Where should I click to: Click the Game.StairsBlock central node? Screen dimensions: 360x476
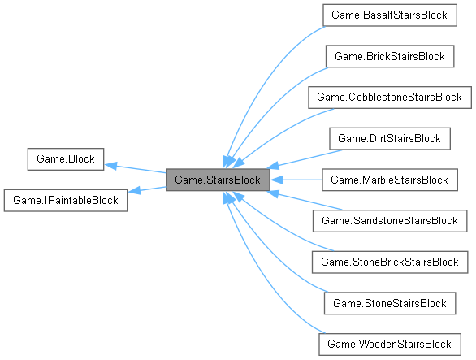[x=217, y=180]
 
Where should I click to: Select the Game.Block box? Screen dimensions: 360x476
[x=65, y=159]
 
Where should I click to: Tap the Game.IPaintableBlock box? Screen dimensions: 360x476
[x=66, y=200]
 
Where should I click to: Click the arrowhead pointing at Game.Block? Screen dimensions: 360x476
[x=111, y=163]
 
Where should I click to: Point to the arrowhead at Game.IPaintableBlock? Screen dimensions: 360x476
[x=135, y=193]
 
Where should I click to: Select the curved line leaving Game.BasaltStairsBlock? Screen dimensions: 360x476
[x=268, y=73]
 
